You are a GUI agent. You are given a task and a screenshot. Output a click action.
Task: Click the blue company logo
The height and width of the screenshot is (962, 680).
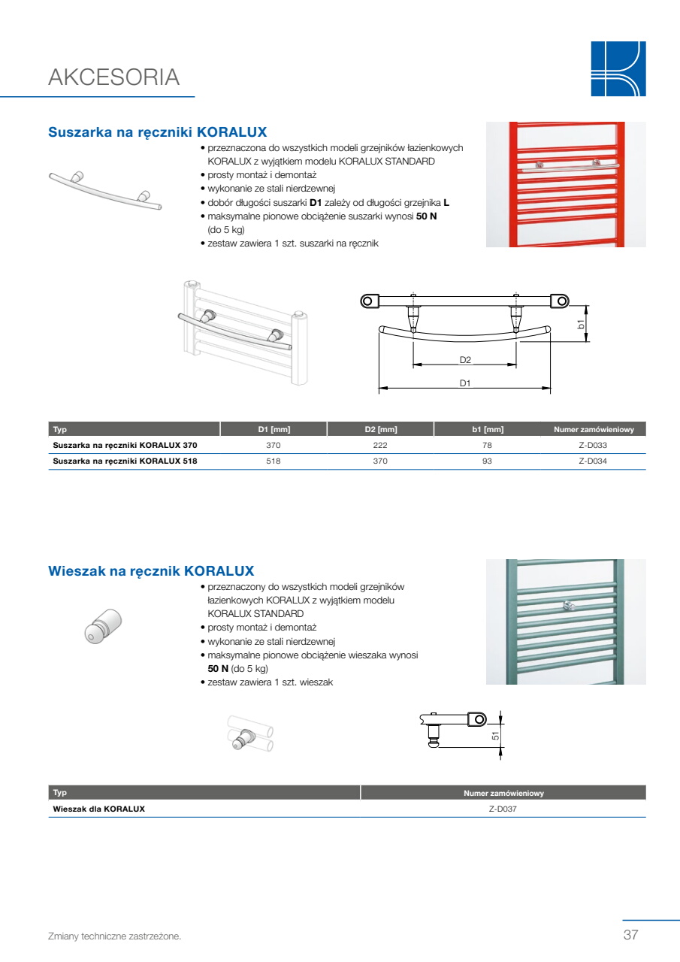click(x=618, y=68)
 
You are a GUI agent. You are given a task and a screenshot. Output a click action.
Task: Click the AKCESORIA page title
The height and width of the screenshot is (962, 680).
click(x=113, y=77)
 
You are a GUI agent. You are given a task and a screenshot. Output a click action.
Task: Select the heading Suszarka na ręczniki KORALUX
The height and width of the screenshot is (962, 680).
click(x=158, y=132)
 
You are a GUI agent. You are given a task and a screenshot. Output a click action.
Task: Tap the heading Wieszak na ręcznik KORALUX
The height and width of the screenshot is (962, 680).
click(x=151, y=571)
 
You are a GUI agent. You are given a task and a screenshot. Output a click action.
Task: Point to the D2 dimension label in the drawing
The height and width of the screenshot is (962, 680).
click(x=465, y=360)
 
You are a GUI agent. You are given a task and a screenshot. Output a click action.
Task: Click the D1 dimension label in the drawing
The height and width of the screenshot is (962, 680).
click(x=465, y=383)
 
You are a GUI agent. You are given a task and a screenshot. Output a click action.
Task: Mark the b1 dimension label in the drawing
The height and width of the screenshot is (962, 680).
click(x=581, y=324)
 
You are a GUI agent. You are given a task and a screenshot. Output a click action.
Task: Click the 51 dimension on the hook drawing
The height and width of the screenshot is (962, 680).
click(x=495, y=736)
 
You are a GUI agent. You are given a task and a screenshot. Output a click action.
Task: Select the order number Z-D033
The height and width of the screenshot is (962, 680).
click(x=593, y=446)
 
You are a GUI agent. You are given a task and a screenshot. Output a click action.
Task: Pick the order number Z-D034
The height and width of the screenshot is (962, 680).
click(x=593, y=461)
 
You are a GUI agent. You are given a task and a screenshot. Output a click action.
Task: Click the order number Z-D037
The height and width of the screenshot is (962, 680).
click(x=503, y=809)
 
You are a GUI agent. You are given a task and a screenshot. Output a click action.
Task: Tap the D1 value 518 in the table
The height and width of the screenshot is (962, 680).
click(x=274, y=461)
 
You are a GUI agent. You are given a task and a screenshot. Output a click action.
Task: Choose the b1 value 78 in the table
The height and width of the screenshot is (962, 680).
click(x=487, y=446)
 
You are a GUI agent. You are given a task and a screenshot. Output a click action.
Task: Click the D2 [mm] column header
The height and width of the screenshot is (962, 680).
click(x=381, y=429)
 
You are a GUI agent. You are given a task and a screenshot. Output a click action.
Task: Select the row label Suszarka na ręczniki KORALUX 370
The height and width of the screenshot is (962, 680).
click(x=125, y=446)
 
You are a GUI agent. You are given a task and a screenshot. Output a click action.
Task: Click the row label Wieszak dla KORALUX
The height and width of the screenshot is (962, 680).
click(x=98, y=809)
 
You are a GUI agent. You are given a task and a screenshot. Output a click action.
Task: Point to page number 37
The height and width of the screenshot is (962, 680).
click(x=630, y=935)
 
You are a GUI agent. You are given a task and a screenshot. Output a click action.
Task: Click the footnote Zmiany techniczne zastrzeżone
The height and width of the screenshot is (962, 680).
click(x=115, y=936)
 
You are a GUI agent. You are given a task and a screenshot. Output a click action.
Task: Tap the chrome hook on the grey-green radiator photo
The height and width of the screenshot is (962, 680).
click(x=568, y=606)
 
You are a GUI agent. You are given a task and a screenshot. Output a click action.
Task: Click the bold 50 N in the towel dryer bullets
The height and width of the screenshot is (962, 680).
click(x=426, y=216)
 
